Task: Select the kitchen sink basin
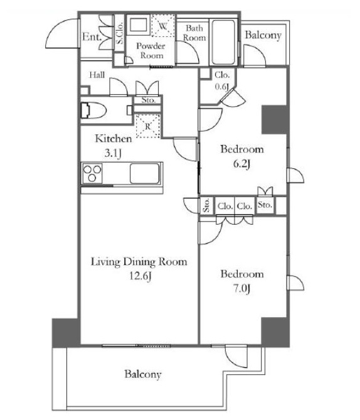click(145, 173)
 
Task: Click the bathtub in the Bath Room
click(222, 41)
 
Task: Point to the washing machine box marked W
click(161, 26)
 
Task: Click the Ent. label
click(93, 37)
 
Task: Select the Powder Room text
click(152, 51)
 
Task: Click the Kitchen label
click(113, 139)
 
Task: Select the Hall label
click(97, 74)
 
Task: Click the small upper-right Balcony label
click(263, 36)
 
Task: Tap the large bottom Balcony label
click(142, 374)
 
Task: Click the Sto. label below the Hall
click(149, 100)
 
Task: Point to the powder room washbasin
click(137, 26)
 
